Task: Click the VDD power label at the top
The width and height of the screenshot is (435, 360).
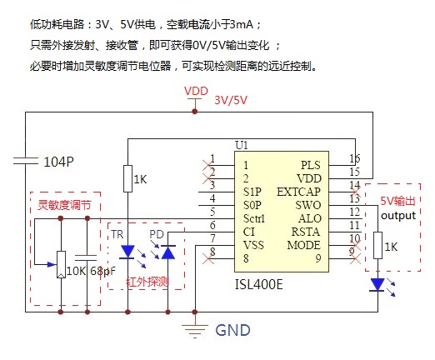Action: [x=196, y=91]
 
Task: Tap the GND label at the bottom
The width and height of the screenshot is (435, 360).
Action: [x=232, y=330]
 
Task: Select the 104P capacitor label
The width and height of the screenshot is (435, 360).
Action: [x=59, y=162]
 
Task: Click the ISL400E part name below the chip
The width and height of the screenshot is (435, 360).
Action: [x=259, y=284]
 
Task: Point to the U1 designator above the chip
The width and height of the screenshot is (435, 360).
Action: [x=242, y=145]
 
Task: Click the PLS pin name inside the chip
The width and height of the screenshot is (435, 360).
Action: [x=311, y=165]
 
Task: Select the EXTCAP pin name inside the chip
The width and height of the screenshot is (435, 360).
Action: [x=298, y=192]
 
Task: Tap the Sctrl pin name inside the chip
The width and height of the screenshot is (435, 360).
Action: [x=254, y=218]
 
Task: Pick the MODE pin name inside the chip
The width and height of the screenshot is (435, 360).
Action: [x=303, y=245]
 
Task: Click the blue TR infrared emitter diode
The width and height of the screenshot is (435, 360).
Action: [x=127, y=252]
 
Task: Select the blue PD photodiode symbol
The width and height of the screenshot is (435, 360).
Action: [x=168, y=252]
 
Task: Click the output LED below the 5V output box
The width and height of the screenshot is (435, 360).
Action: [x=377, y=285]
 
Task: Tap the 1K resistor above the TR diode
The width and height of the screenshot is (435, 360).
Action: [x=127, y=178]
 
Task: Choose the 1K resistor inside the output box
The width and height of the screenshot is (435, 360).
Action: [x=377, y=246]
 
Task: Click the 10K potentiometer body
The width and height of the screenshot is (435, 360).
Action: [x=61, y=264]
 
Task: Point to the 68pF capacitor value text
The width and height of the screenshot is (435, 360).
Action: [x=102, y=271]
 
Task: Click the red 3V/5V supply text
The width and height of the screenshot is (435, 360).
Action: [x=231, y=100]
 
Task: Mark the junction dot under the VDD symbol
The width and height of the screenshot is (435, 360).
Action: [x=195, y=112]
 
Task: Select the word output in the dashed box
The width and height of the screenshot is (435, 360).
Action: [x=398, y=216]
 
